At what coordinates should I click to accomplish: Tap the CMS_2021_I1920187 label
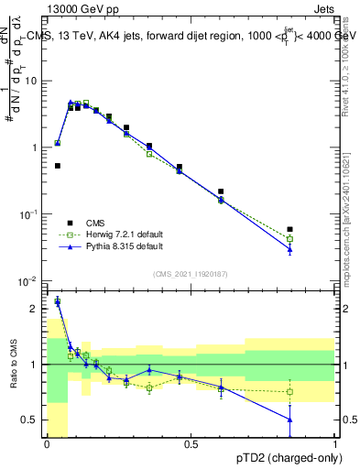coord(190,274)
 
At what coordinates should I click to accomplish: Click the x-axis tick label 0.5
coord(191,445)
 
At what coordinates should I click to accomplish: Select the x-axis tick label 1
coord(334,445)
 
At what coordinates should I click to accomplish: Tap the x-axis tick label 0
coord(47,445)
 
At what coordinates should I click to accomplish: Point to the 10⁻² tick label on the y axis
coord(29,280)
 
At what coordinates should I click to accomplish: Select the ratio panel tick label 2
coord(37,309)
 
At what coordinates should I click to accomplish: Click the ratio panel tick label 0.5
coord(32,420)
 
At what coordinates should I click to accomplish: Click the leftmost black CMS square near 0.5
coord(58,166)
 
